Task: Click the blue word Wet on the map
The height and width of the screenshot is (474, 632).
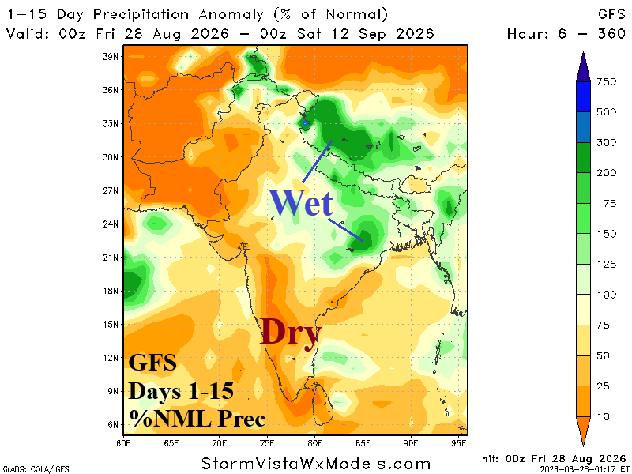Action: click(301, 202)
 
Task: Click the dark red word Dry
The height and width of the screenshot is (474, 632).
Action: click(290, 332)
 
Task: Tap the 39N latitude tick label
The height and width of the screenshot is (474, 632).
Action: click(111, 56)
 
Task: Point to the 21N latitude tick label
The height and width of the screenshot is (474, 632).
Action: click(111, 258)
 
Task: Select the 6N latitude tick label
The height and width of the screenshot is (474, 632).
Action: click(113, 424)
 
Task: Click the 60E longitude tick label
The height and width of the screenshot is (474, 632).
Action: click(123, 443)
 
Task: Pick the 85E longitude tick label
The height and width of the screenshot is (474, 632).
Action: click(363, 443)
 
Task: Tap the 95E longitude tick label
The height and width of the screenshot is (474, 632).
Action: click(459, 443)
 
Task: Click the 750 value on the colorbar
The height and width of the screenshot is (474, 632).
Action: click(607, 82)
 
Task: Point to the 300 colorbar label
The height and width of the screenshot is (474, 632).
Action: click(607, 142)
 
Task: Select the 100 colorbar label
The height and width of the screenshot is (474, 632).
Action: click(607, 295)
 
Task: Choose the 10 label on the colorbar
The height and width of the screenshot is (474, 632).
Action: click(604, 417)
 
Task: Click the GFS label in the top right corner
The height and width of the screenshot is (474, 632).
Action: click(611, 14)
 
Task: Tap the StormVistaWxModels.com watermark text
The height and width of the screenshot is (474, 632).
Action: click(316, 464)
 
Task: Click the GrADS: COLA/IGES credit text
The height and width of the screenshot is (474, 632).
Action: click(36, 469)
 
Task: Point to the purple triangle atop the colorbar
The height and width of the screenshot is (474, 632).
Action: click(583, 66)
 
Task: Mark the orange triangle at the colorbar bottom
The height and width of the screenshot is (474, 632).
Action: click(583, 431)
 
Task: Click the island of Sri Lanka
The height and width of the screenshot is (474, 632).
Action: click(322, 404)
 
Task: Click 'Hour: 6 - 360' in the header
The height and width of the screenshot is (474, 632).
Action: click(566, 34)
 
